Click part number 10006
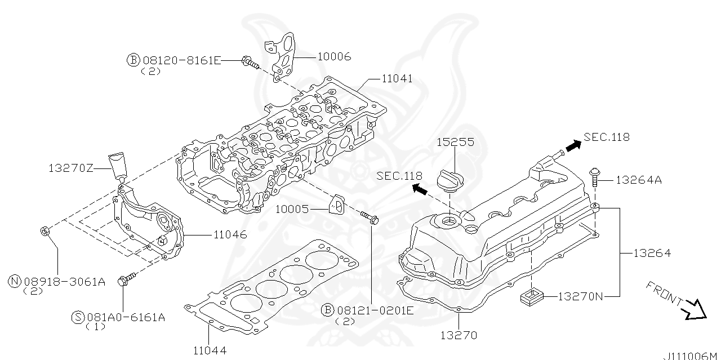pos(334,56)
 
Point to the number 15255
pos(455,143)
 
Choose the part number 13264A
pos(638,180)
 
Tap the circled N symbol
pos(15,282)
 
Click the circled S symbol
pos(78,317)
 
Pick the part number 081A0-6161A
pos(126,317)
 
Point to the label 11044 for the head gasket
pos(209,350)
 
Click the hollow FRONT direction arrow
pos(694,309)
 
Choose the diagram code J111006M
pos(691,355)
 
